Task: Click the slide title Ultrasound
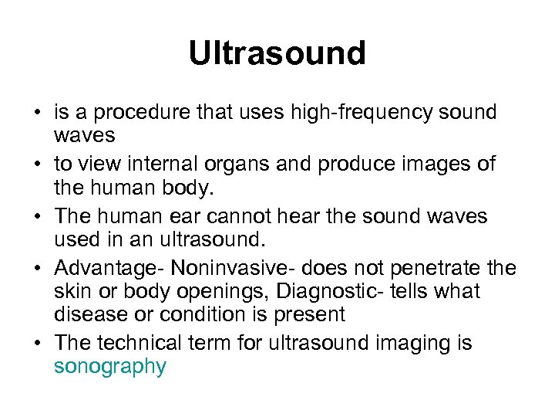277,53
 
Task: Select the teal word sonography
109,367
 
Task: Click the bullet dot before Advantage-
37,269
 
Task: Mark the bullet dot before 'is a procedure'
37,113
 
